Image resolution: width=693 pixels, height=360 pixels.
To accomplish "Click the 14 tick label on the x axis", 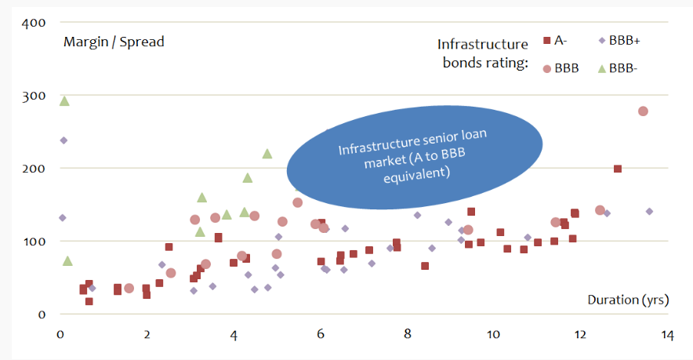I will tap(666, 334).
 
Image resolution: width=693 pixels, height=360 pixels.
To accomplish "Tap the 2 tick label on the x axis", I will tap(147, 334).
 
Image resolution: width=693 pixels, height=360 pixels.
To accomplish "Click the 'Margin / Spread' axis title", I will tap(114, 42).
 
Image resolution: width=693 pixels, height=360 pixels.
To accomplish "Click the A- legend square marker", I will tap(547, 40).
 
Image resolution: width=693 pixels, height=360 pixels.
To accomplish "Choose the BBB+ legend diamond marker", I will tap(601, 40).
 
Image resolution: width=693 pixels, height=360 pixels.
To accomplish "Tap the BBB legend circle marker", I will tap(547, 68).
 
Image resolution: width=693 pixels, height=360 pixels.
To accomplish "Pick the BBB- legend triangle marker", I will tap(601, 68).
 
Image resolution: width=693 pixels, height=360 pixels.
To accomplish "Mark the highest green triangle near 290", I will tap(64, 100).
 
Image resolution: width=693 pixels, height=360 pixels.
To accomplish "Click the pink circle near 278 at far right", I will tap(643, 111).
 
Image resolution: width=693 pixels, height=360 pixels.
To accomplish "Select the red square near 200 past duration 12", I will tap(618, 169).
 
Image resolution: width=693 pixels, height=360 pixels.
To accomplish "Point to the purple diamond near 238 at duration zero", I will tap(63, 140).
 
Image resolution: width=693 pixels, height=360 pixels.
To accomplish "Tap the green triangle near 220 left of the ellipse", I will tap(267, 153).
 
